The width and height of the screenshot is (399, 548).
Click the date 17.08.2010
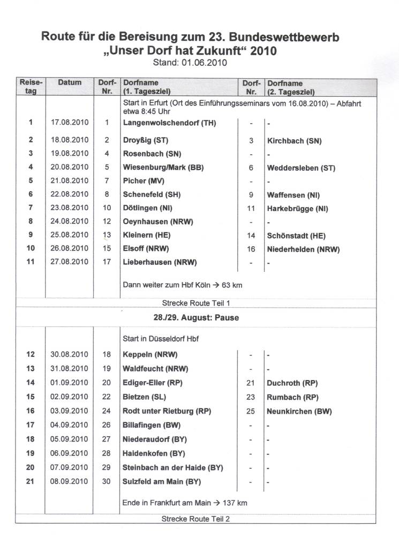[70, 123]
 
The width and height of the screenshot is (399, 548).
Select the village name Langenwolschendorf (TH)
[169, 123]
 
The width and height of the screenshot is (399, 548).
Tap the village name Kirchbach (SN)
[294, 141]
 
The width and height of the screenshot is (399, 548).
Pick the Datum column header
[70, 83]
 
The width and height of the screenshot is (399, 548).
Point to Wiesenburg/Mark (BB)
[163, 168]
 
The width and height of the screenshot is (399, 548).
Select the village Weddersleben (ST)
[301, 168]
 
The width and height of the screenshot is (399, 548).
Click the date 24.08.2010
[70, 221]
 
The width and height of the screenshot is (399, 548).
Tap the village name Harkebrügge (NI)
[297, 208]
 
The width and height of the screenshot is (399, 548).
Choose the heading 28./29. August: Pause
[196, 317]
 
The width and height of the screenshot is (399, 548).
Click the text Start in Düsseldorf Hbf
[162, 338]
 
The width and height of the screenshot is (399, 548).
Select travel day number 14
[31, 382]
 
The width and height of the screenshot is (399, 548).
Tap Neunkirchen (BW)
[299, 412]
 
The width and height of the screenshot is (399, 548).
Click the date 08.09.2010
[70, 481]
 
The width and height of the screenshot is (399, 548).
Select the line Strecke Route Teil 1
[195, 302]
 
